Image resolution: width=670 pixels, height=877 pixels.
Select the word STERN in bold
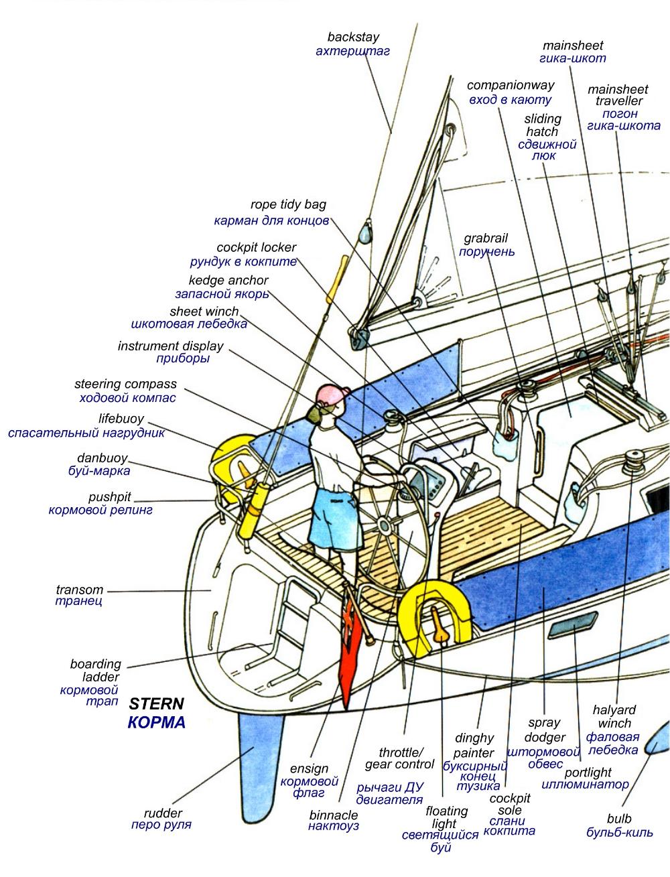coord(155,704)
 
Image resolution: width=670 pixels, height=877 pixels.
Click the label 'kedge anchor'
coord(228,281)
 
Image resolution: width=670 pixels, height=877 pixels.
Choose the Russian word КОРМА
coord(155,723)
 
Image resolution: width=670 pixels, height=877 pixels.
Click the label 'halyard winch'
coord(614,717)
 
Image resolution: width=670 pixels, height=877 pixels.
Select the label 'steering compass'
coord(125,385)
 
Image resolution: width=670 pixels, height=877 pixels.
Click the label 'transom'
coord(80,590)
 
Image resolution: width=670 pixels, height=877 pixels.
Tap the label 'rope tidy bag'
coord(288,205)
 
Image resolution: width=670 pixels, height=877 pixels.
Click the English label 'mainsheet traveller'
coord(618,95)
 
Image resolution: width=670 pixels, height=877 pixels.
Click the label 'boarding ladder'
coord(96,671)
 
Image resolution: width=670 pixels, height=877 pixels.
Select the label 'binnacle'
coord(333,815)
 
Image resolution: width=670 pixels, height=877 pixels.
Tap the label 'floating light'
coord(447,817)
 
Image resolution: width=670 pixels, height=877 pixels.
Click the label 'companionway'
coord(511,86)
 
